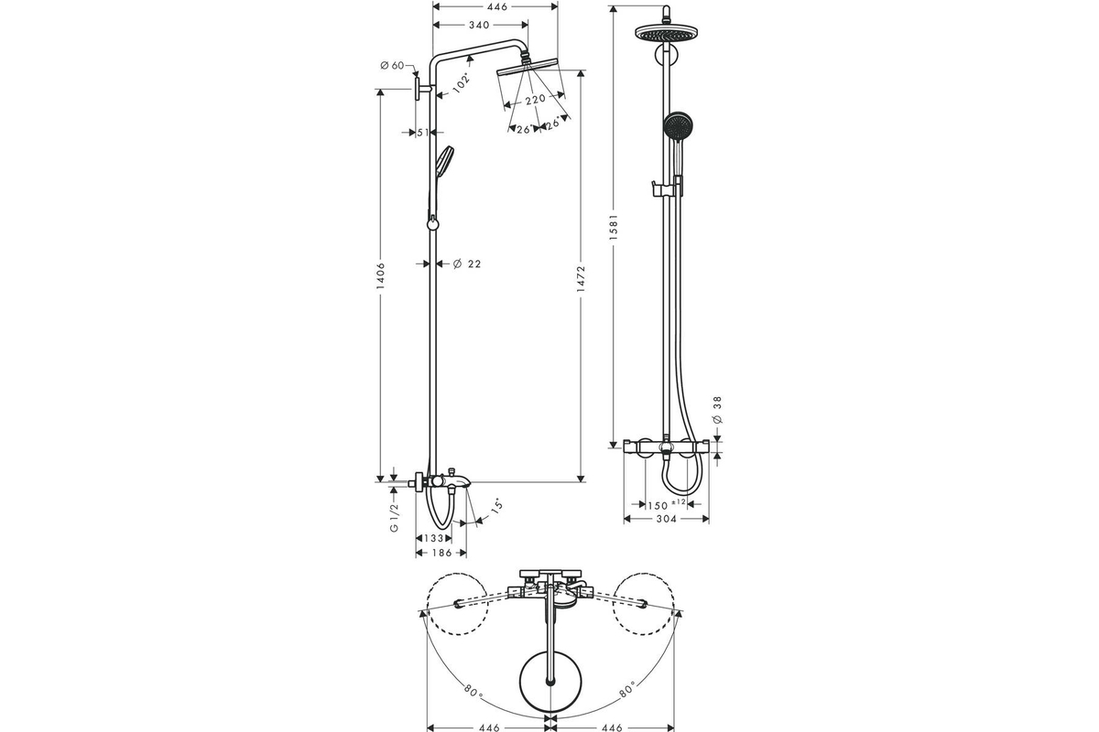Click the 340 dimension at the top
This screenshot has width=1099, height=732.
pos(479,25)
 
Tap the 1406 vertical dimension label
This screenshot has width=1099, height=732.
pos(381,276)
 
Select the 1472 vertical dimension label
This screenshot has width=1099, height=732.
pos(581,279)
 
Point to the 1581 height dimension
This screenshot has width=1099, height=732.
pos(614,227)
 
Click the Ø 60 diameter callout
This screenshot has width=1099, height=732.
pos(392,65)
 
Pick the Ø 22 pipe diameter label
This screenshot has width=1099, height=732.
pos(467,264)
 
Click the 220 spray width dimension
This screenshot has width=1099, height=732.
pos(535,99)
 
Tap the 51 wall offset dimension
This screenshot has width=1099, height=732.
pos(423,133)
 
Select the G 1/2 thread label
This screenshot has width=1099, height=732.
pos(395,518)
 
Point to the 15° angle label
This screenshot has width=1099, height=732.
pos(497,506)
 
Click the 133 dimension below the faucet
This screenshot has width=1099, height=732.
pos(434,538)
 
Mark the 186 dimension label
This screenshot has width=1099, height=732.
pos(442,553)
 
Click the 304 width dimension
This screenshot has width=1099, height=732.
pos(666,519)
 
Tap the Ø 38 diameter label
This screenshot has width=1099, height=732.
pos(717,410)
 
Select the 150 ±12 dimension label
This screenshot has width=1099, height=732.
pos(667,504)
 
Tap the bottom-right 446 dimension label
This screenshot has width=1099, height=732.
pos(612,727)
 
